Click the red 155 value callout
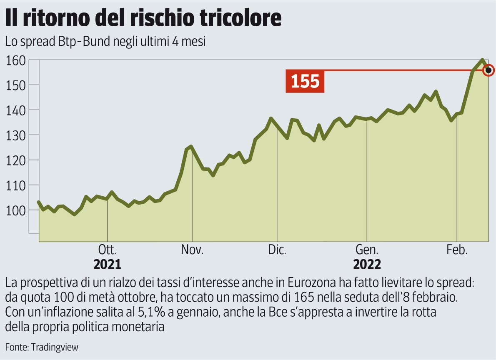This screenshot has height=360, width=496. pos(305,81)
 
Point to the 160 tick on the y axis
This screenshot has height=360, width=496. pos(16,60)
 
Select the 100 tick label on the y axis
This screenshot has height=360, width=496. pos(16,210)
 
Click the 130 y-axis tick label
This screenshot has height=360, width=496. pos(16,135)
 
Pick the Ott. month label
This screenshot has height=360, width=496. pos(107,250)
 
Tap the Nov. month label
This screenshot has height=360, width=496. pos(192,250)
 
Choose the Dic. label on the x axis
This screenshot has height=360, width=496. pos(277,250)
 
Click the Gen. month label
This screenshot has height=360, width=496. pos(367,250)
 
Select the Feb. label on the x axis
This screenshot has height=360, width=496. pos(457,250)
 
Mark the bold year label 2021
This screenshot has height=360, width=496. pos(107,265)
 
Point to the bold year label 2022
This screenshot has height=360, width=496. pos(367,265)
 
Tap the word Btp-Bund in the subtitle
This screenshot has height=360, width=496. pos(87,42)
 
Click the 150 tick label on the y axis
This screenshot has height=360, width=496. pos(16,85)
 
